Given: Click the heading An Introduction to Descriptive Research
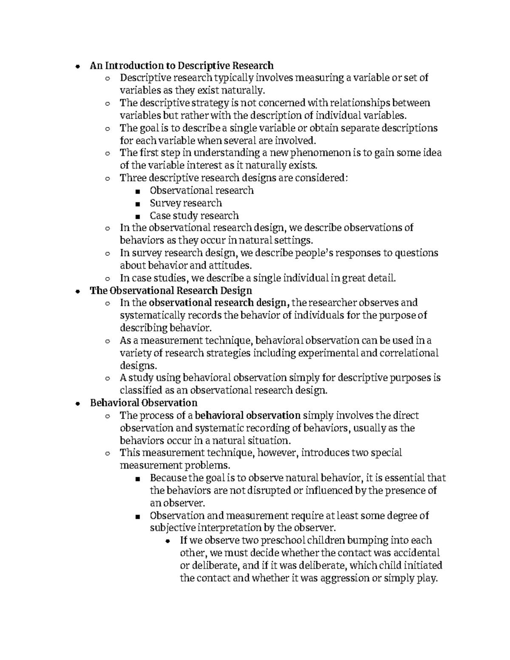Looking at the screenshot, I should (181, 65).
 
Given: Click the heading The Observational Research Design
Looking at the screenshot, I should (171, 291).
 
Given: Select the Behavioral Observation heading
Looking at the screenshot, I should (144, 403).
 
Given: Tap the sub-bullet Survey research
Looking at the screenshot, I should (186, 203).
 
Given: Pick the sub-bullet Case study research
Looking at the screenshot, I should (194, 216).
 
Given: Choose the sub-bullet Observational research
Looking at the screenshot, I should (201, 191).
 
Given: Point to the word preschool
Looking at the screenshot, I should (278, 541).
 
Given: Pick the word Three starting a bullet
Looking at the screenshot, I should (132, 178).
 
